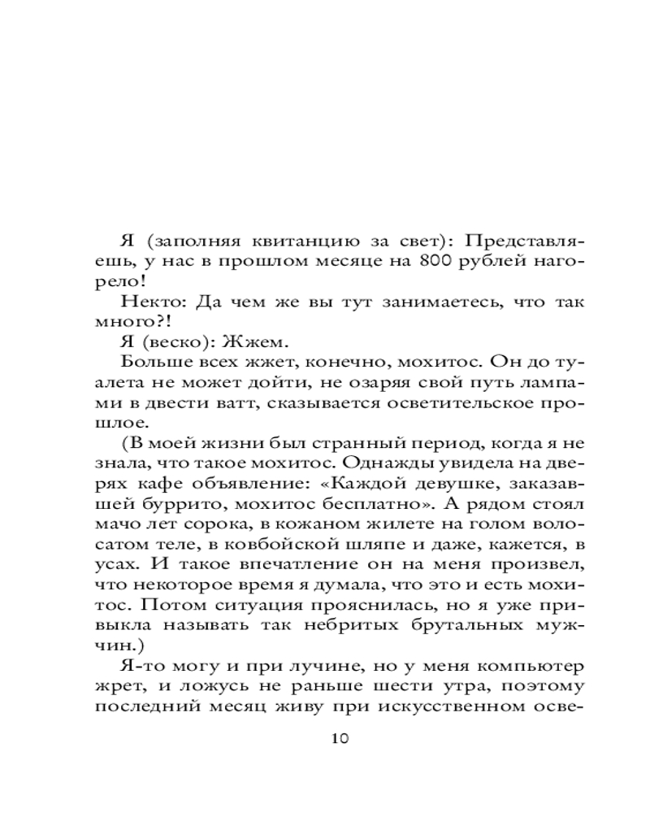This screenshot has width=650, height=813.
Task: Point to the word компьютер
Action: (x=530, y=667)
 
